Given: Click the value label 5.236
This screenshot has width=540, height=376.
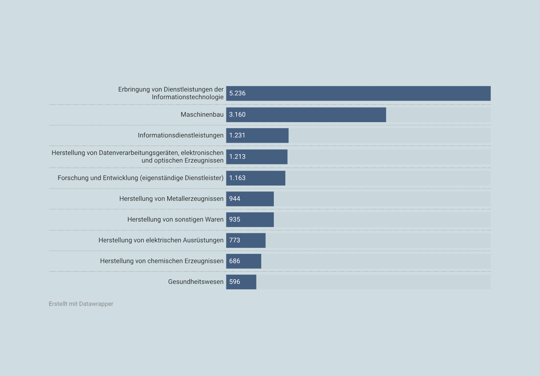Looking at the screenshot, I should point(237,93).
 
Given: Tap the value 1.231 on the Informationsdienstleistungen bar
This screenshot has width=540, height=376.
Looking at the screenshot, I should point(237,135).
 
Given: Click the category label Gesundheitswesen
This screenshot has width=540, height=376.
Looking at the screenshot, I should point(196,282).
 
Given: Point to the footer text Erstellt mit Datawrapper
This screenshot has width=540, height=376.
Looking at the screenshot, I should point(81,304).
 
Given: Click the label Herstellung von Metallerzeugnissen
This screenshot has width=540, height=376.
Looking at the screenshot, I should point(171,199).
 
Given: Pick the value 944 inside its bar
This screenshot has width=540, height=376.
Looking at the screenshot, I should point(234,199).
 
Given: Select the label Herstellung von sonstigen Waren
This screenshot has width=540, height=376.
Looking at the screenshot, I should point(175,219).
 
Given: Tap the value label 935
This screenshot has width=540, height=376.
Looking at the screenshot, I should point(234,219).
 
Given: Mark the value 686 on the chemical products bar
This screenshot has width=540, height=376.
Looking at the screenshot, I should point(234,261).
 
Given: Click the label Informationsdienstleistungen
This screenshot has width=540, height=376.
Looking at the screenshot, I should point(180,135).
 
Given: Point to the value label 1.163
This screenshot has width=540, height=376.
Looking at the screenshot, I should point(237,178).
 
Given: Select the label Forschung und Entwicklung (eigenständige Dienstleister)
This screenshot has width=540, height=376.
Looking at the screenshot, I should point(140,178).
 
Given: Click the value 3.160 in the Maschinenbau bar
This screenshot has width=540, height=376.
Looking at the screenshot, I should point(237,115).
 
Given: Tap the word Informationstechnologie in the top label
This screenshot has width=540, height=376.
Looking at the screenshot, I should point(187,97).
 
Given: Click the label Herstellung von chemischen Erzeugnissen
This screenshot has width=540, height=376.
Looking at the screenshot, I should point(162,261).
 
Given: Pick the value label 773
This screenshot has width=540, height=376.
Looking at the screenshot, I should point(234,240).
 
